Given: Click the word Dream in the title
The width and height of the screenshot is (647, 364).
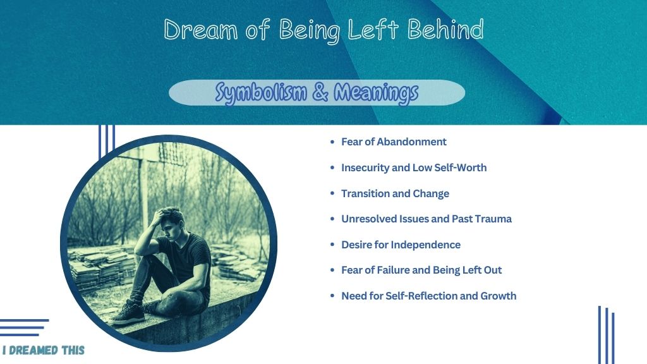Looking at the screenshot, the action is tap(200, 30).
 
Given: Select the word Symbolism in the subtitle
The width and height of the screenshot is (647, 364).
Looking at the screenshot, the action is tap(261, 92).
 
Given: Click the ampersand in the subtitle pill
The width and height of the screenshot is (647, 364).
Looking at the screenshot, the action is tap(320, 92).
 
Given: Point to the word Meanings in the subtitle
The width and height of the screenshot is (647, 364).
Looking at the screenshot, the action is tap(376, 93).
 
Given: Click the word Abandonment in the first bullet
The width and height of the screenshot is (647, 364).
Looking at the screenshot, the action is tap(411, 142).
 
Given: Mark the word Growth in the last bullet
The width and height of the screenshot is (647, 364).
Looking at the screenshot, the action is tap(498, 296).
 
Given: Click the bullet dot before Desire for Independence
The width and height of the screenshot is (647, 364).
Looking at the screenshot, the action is tap(332, 245).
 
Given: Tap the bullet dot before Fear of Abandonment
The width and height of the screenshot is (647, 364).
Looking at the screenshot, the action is tap(332, 142).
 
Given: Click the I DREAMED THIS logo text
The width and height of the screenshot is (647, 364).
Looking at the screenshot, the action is tap(44, 350).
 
